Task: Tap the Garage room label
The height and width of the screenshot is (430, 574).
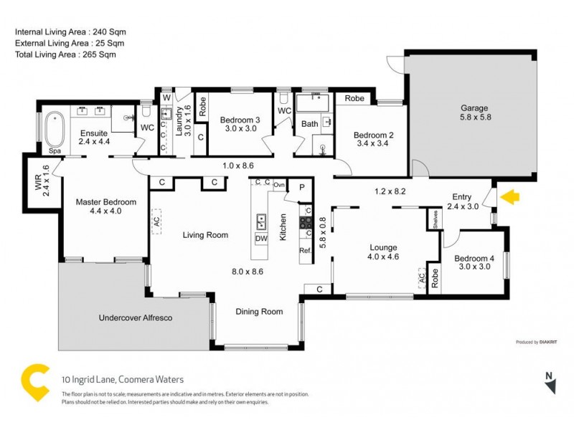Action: (474, 113)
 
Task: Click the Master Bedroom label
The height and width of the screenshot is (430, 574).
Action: (100, 206)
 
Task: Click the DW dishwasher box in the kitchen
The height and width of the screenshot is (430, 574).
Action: (262, 239)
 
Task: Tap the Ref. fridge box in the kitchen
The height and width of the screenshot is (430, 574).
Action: (304, 250)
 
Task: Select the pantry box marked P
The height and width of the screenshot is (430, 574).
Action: (301, 187)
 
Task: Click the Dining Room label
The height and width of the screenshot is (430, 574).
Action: (259, 311)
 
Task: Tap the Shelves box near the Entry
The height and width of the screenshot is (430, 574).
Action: (435, 219)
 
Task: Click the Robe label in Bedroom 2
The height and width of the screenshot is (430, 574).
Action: (353, 98)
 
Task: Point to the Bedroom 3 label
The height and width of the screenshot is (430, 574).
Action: (238, 124)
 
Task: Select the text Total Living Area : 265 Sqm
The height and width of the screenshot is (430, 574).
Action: (65, 54)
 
